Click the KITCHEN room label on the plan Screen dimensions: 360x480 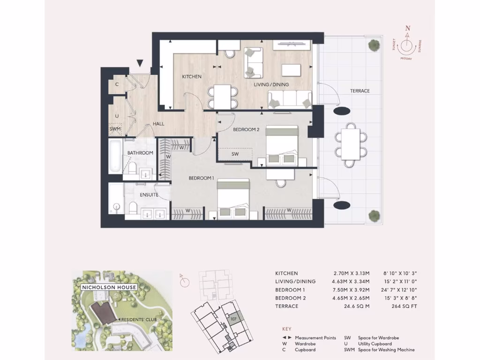point(192,76)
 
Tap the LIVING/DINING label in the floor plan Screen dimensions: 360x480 point(271,84)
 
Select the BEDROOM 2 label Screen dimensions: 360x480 point(246,129)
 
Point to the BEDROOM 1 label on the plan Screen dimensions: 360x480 point(201,178)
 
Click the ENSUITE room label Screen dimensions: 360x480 point(149,195)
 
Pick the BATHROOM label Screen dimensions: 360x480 point(140,153)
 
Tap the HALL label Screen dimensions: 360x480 point(158,124)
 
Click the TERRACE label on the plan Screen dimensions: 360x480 point(360,91)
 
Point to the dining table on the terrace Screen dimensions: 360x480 point(349,145)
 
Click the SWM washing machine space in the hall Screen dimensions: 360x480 point(115,128)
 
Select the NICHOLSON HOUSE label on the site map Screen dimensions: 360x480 point(109,287)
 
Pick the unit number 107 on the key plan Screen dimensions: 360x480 point(233,319)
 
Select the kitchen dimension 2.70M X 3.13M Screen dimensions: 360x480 point(348,273)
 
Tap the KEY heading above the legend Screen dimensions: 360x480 point(287,329)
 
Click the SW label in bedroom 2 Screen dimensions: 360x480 point(235,154)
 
